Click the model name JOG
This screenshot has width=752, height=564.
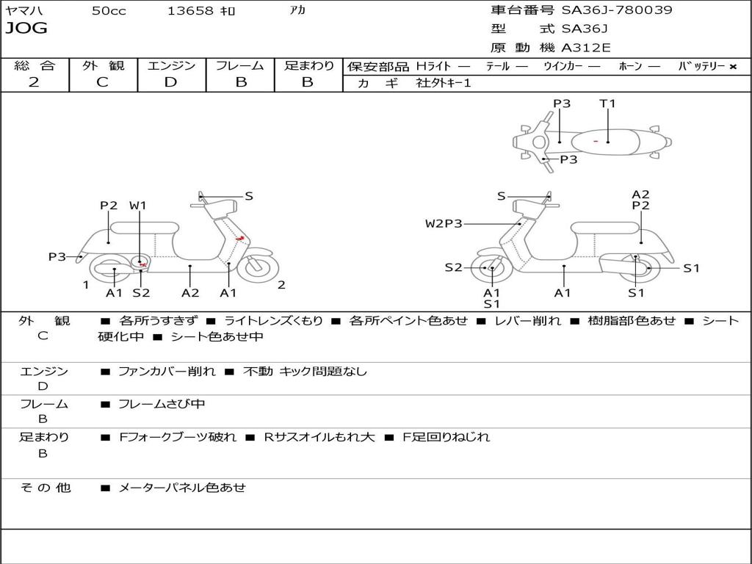[26, 29]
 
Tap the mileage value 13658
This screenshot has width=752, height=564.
[191, 11]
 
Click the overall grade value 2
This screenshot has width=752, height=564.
[34, 82]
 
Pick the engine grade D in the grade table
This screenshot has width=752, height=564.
[171, 82]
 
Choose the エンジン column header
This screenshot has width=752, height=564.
[171, 65]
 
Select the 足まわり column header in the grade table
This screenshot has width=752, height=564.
[308, 65]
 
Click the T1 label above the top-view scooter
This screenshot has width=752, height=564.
[607, 104]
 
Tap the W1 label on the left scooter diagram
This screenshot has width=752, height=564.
[138, 206]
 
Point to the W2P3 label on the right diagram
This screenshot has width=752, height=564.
[444, 223]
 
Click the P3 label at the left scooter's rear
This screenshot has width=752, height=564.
[57, 256]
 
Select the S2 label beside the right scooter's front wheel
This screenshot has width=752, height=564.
[453, 267]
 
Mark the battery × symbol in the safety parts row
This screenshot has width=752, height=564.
[732, 66]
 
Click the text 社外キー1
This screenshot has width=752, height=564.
[444, 83]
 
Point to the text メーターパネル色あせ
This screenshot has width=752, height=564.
[181, 487]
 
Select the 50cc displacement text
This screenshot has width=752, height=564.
[109, 11]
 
